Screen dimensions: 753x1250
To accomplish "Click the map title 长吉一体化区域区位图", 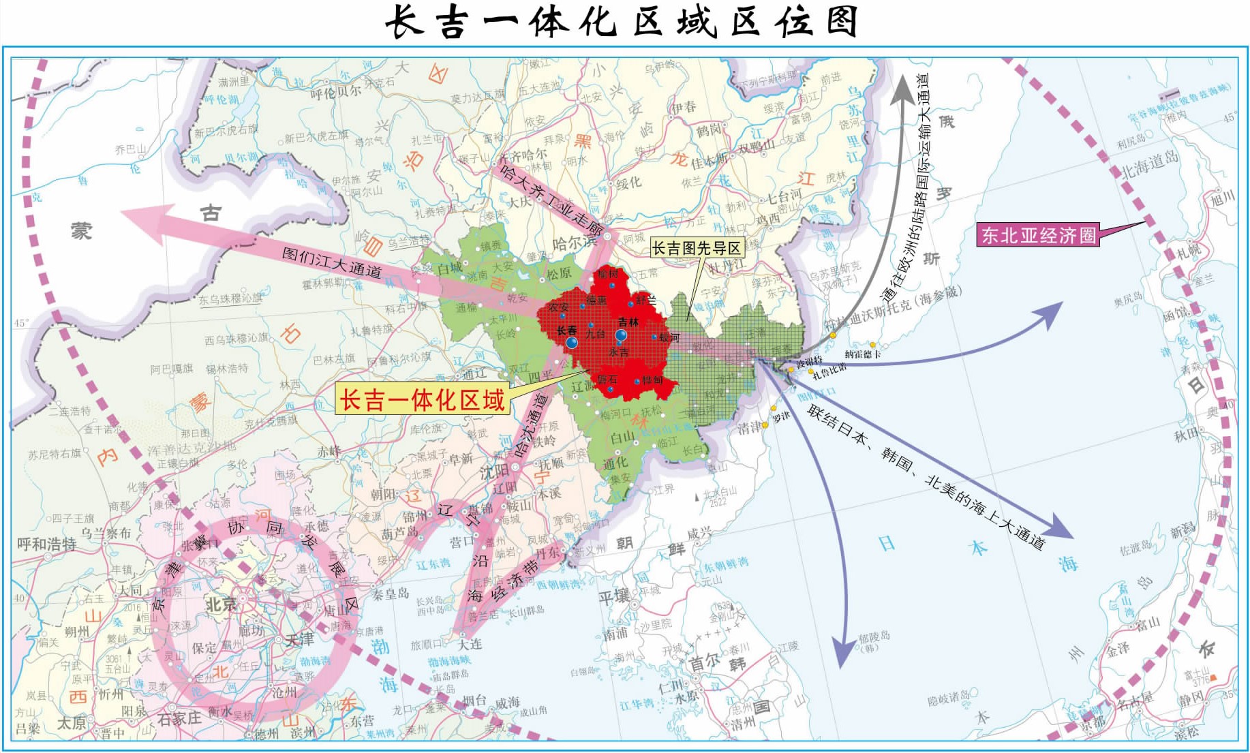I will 621,22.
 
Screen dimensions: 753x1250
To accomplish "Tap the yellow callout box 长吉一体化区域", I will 423,399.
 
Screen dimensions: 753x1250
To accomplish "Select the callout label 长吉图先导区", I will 696,248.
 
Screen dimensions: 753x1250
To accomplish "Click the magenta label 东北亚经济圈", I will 1039,235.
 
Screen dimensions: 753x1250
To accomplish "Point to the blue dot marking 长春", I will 571,342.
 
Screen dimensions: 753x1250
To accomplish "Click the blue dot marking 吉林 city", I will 621,335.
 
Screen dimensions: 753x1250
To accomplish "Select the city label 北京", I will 221,604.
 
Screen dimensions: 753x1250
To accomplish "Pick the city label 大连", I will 470,644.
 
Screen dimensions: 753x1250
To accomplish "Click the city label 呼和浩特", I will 46,544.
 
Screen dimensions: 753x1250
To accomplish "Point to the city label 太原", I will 72,722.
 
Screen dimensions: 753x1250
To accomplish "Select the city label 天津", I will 299,639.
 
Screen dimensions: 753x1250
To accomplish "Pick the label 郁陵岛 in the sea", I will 874,637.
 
